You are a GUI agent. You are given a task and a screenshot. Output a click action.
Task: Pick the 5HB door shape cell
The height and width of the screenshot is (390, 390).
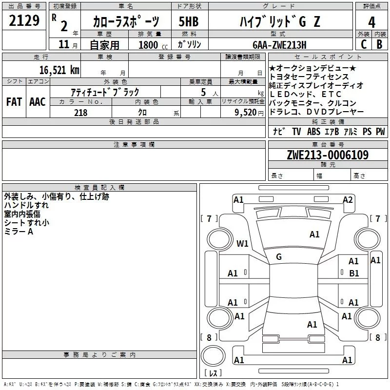point(189,21)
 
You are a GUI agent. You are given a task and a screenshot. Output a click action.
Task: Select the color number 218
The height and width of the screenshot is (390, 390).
point(80,112)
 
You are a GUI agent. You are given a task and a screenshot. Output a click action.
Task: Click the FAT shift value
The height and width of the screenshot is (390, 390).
point(14,101)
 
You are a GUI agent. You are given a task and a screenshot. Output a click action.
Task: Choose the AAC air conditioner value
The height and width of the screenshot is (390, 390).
point(37,101)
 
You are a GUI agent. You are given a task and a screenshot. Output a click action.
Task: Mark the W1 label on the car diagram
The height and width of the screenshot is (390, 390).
point(242,243)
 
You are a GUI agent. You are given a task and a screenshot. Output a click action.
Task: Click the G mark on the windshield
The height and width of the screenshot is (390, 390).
point(279,256)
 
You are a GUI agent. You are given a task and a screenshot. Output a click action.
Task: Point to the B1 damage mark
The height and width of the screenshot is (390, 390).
point(354,273)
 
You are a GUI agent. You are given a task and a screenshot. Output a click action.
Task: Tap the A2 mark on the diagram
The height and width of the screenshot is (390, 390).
point(348,199)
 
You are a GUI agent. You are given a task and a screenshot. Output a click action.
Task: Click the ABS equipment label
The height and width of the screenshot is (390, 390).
point(313,132)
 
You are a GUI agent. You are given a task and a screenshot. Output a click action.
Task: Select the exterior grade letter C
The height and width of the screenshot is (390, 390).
point(363,44)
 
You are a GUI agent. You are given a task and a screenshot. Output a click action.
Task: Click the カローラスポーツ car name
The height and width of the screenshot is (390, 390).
point(126,21)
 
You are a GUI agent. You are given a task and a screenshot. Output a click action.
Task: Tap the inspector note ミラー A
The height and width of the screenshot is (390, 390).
point(19,231)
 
